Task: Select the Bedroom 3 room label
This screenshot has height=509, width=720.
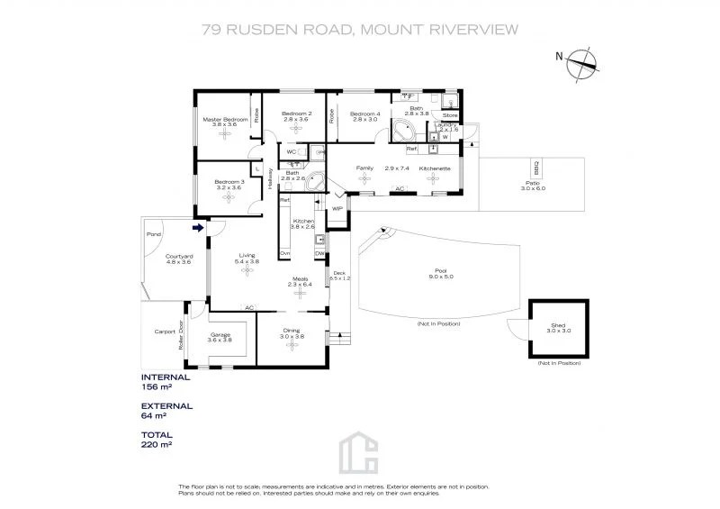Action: click(229, 183)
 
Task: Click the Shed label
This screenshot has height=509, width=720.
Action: click(559, 326)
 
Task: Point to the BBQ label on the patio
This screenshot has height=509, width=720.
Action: click(536, 169)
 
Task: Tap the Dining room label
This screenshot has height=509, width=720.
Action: click(292, 331)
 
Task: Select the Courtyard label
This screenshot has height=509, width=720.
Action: click(178, 257)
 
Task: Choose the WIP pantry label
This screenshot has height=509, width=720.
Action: click(337, 208)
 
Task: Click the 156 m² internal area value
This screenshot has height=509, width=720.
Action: click(157, 386)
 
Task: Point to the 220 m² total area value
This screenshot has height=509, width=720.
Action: click(157, 444)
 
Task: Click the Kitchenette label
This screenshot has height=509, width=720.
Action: click(434, 168)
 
